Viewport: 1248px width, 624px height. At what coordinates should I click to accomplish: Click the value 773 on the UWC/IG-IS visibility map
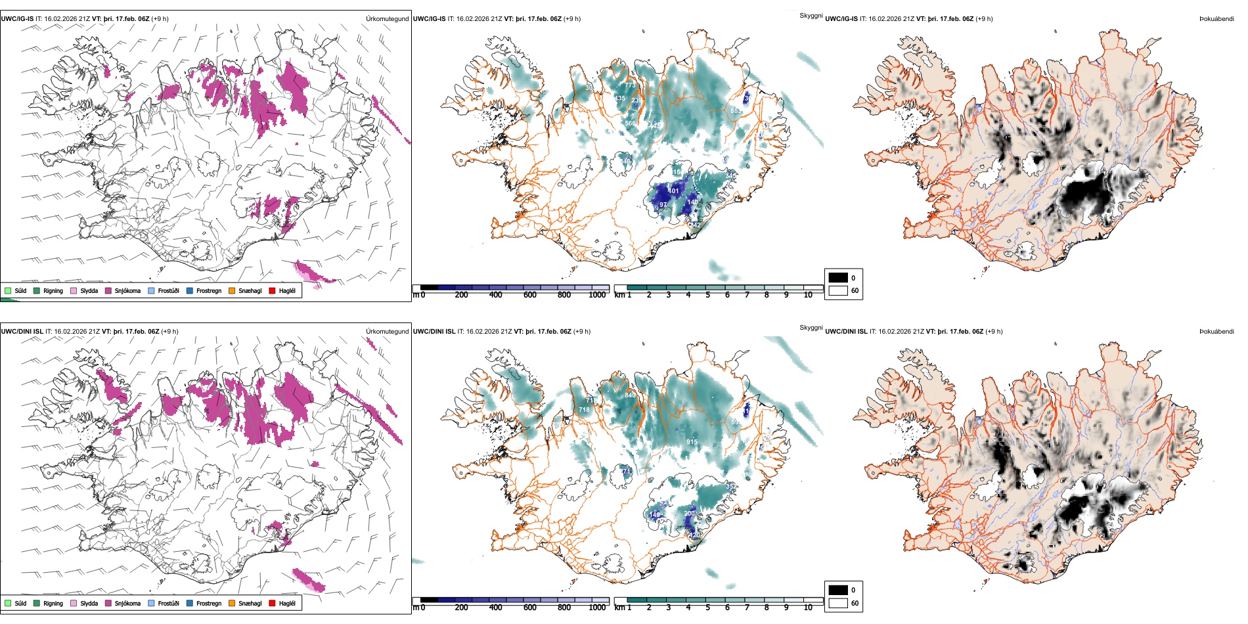(x=630, y=85)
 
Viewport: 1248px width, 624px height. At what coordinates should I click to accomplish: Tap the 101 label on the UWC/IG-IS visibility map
(x=674, y=191)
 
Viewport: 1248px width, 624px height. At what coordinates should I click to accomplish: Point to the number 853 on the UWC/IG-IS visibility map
(x=736, y=111)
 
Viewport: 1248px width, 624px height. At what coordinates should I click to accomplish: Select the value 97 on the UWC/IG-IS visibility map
(x=663, y=205)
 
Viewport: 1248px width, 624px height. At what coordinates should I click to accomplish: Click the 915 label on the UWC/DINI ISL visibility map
(x=692, y=442)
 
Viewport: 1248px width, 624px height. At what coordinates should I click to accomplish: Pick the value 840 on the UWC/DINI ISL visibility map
(x=630, y=395)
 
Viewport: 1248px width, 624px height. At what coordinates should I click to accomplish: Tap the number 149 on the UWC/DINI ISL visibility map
(x=654, y=515)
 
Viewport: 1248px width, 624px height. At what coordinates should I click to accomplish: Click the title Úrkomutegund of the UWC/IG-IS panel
(x=387, y=19)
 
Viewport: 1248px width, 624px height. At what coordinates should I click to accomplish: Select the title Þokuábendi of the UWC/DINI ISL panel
(x=1216, y=332)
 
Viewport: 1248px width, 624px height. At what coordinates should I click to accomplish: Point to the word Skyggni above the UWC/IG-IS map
(x=811, y=16)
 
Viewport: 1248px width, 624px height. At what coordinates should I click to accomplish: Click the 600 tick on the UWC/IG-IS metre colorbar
(x=530, y=295)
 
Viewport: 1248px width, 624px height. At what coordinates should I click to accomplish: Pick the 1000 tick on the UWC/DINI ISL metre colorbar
(x=597, y=608)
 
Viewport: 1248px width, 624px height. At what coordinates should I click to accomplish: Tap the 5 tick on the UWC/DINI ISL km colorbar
(x=707, y=608)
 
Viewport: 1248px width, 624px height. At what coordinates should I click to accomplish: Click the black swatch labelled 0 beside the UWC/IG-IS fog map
(x=838, y=278)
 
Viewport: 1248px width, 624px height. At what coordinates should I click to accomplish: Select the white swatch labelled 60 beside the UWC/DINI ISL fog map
(x=838, y=603)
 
